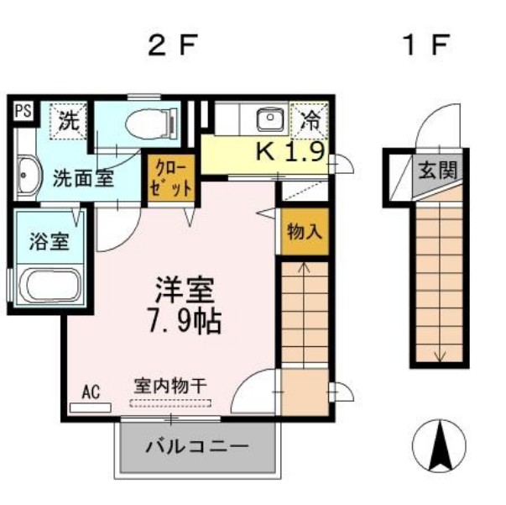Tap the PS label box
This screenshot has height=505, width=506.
coord(23,110)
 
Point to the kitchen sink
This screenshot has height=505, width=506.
coord(270,118)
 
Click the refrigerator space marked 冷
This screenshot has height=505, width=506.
coord(310,118)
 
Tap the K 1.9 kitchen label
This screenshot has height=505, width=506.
coord(290,152)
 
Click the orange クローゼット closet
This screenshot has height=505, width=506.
coord(172,177)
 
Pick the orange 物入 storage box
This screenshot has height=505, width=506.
coord(305,232)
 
